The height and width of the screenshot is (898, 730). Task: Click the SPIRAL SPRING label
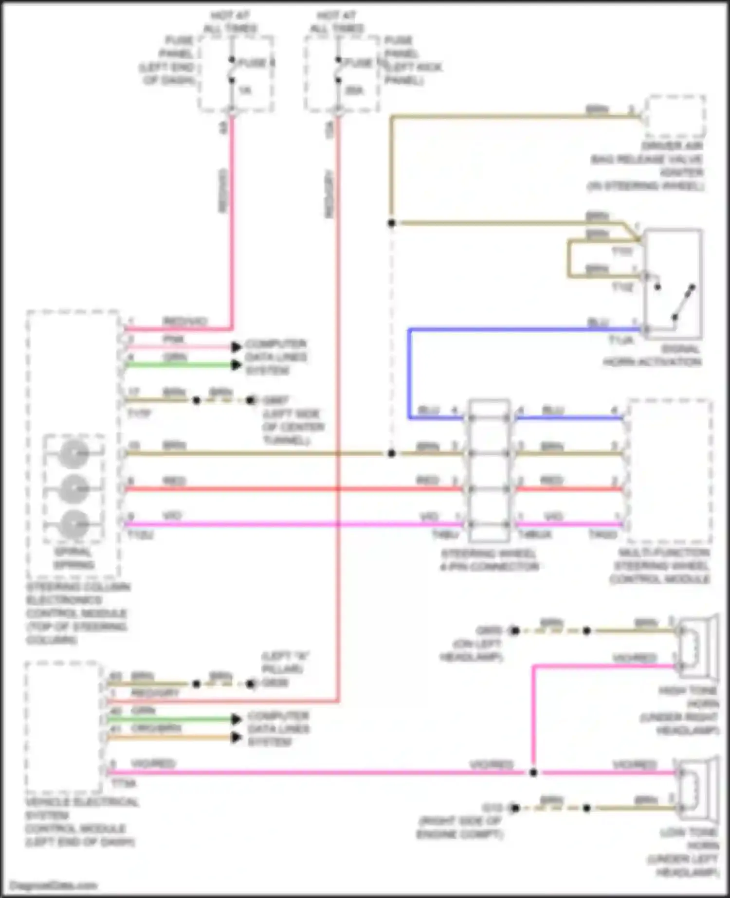(x=73, y=558)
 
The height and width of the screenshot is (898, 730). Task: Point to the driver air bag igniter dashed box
(x=675, y=117)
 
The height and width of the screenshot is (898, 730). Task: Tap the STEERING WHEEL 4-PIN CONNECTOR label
(x=490, y=560)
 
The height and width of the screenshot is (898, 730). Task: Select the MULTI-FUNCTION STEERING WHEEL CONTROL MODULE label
(x=660, y=566)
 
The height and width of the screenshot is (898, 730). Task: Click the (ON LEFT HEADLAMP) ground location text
(x=471, y=650)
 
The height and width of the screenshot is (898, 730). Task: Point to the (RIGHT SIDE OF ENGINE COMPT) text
(x=459, y=828)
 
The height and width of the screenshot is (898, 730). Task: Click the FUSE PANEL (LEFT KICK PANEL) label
(x=412, y=60)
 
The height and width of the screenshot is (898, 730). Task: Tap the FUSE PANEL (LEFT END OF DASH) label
(x=168, y=60)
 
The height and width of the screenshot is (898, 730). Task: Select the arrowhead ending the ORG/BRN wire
(x=237, y=737)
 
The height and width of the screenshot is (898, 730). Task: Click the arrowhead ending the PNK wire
(x=237, y=347)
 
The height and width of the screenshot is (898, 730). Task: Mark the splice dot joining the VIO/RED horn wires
(x=533, y=772)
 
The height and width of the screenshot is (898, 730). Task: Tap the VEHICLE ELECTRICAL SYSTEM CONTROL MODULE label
(x=80, y=822)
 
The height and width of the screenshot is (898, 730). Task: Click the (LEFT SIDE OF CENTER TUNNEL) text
(x=292, y=427)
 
